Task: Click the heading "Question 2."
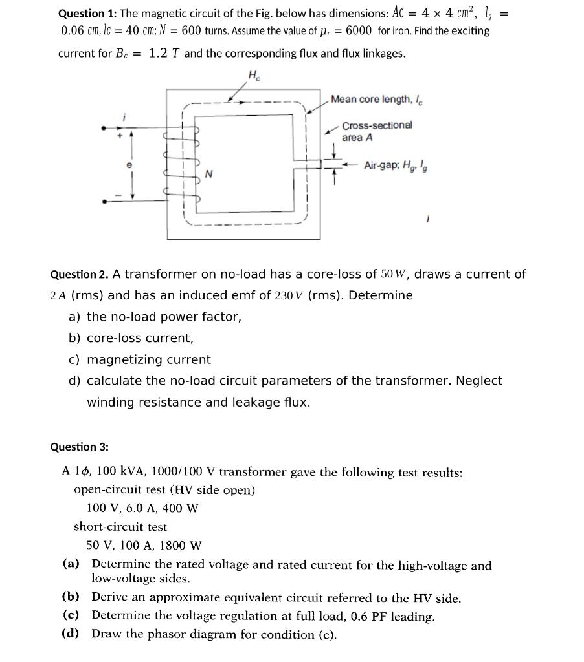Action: [x=80, y=275]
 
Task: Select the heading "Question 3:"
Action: [x=80, y=447]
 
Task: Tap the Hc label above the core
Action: [x=254, y=75]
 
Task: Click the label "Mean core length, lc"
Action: [x=377, y=99]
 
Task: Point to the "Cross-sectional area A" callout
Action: [x=377, y=131]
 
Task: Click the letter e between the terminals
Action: [x=129, y=165]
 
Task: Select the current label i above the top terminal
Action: [x=123, y=116]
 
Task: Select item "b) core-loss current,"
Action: [x=131, y=338]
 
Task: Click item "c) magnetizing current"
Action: [x=139, y=359]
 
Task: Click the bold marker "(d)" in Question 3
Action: [x=71, y=634]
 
